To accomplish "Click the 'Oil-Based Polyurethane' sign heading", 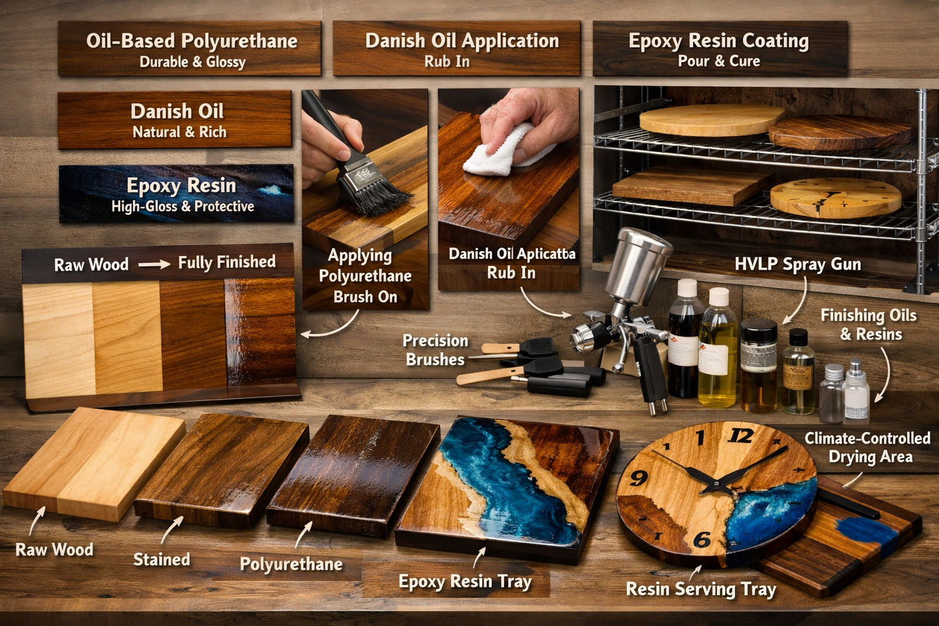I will pyautogui.click(x=191, y=41).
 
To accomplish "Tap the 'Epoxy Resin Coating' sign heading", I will pyautogui.click(x=718, y=41).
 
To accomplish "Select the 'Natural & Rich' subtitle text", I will pyautogui.click(x=179, y=132).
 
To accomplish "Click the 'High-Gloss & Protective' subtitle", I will pyautogui.click(x=182, y=207).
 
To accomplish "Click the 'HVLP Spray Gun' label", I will pyautogui.click(x=797, y=264).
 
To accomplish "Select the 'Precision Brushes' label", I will pyautogui.click(x=435, y=350).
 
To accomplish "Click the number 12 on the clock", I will pyautogui.click(x=740, y=435).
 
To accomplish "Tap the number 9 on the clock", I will pyautogui.click(x=639, y=477).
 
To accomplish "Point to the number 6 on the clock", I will pyautogui.click(x=702, y=539).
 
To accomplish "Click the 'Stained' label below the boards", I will pyautogui.click(x=161, y=559).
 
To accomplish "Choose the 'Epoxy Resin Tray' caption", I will pyautogui.click(x=465, y=581).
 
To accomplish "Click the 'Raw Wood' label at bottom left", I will pyautogui.click(x=54, y=550).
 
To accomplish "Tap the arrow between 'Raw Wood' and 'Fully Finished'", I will pyautogui.click(x=153, y=265).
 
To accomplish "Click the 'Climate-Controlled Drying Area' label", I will pyautogui.click(x=867, y=447).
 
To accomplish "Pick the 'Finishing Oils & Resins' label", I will pyautogui.click(x=869, y=325).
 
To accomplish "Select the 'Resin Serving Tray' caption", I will pyautogui.click(x=701, y=589).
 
